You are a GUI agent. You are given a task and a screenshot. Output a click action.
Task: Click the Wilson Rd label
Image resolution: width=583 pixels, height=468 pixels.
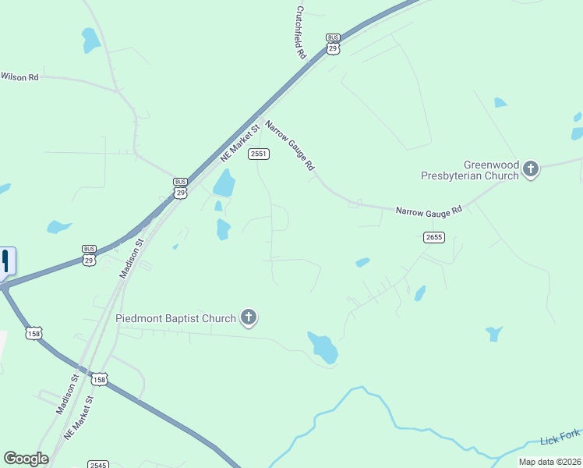[x=19, y=77]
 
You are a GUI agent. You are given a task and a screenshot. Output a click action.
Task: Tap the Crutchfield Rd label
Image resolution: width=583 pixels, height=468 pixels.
[x=300, y=34]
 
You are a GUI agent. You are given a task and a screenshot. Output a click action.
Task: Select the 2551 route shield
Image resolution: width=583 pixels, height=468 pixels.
[x=259, y=154]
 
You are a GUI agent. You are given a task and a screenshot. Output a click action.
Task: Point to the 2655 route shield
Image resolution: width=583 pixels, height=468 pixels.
[x=434, y=237]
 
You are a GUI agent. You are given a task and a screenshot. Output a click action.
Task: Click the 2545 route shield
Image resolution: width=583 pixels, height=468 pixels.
[x=97, y=465]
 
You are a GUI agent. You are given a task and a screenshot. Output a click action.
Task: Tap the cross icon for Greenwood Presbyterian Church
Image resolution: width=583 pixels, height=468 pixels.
[x=531, y=168]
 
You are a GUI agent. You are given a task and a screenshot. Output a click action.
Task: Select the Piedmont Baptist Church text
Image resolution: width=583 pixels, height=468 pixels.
[x=175, y=318]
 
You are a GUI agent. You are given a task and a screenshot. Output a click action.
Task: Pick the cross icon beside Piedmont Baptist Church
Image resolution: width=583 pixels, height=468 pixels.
[x=249, y=317]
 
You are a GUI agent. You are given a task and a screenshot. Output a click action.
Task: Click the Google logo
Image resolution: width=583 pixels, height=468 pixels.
[x=26, y=459]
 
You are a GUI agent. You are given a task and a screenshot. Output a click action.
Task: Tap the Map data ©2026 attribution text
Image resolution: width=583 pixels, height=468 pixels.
[x=549, y=462]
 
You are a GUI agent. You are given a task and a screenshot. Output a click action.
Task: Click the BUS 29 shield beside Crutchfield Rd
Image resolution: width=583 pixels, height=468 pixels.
[x=334, y=43]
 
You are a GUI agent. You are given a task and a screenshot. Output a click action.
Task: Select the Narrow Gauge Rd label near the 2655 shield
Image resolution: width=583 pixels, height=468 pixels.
[x=429, y=211]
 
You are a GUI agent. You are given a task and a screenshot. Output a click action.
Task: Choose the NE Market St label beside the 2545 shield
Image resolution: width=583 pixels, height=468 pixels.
[x=79, y=417]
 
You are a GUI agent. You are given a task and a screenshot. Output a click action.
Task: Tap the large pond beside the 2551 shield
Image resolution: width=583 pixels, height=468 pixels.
[x=224, y=183]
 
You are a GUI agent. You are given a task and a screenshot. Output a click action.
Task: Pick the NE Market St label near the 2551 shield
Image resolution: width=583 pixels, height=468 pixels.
[x=239, y=140]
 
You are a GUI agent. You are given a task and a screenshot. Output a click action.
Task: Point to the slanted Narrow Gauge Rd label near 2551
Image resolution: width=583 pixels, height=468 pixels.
[x=290, y=145]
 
